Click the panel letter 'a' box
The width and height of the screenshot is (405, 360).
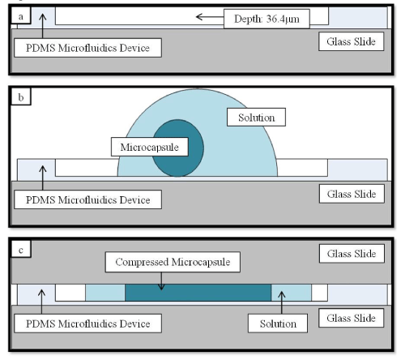click(x=21, y=15)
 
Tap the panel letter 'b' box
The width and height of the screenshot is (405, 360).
click(x=21, y=96)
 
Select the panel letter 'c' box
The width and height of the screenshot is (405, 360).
click(x=21, y=250)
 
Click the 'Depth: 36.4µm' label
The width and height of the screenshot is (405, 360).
click(x=266, y=19)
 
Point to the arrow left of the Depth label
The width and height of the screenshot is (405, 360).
click(x=210, y=17)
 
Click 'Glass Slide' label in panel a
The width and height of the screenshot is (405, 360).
click(x=351, y=41)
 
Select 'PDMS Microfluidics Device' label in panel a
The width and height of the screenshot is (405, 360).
click(x=87, y=48)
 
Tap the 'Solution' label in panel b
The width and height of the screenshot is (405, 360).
click(x=256, y=118)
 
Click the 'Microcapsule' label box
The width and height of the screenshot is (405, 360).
click(x=150, y=147)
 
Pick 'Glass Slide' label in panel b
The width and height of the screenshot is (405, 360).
click(x=352, y=194)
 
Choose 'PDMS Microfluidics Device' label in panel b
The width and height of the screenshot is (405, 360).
click(x=87, y=199)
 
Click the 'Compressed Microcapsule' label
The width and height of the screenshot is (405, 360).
click(x=173, y=262)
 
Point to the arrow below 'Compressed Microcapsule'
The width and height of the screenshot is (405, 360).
click(x=161, y=281)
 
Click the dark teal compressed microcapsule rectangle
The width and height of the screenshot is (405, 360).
click(x=198, y=293)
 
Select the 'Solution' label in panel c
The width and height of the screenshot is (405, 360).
click(x=278, y=324)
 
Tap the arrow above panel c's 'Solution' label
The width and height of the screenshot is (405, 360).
click(x=282, y=302)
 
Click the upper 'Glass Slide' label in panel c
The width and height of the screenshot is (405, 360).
click(x=352, y=254)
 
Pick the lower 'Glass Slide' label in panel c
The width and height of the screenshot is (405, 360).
click(x=351, y=318)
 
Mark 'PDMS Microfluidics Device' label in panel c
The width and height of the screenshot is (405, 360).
click(x=87, y=324)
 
